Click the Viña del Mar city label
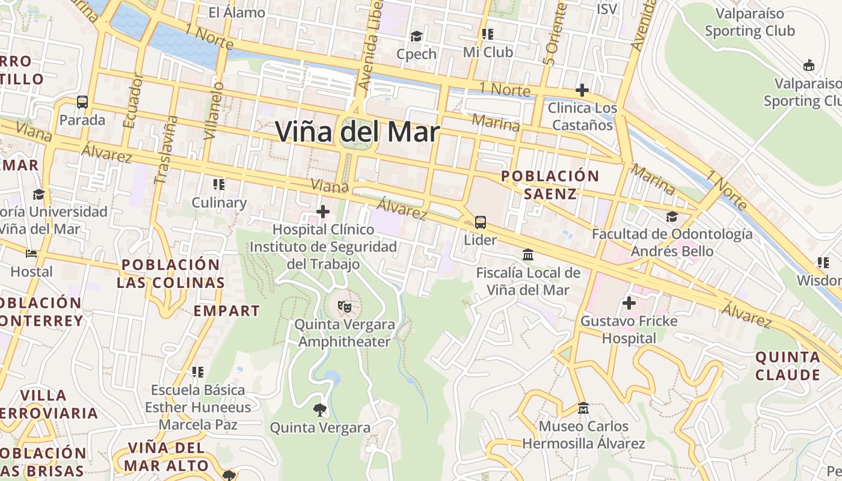[x=358, y=132]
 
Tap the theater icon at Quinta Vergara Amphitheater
[x=345, y=306]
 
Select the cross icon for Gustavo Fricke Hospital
[x=629, y=303]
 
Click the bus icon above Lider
[x=481, y=222]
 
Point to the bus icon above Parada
[x=82, y=102]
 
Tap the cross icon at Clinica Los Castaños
[x=582, y=91]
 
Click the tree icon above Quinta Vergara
[x=320, y=410]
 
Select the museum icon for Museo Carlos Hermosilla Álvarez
[x=583, y=408]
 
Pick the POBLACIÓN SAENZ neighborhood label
[x=550, y=185]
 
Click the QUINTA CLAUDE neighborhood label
[x=787, y=366]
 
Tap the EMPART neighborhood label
[x=227, y=311]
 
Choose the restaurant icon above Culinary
[x=219, y=184]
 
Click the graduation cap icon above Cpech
[x=416, y=37]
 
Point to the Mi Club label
[x=488, y=52]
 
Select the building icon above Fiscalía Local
[x=528, y=255]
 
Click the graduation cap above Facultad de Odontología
[x=672, y=216]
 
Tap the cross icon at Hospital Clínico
[x=323, y=212]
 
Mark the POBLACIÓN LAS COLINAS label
[x=171, y=274]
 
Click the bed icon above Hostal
[x=31, y=254]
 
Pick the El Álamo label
[x=236, y=13]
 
